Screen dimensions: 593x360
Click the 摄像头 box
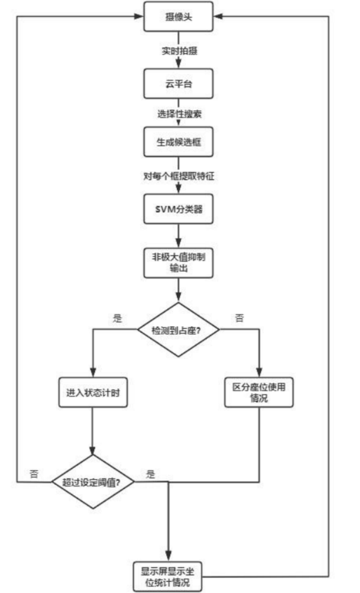tap(178, 16)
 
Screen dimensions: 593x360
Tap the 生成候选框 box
tap(178, 142)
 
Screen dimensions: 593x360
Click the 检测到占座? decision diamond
tap(178, 330)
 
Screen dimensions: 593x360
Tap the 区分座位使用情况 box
tap(259, 392)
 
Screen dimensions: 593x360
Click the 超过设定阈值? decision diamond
tap(93, 481)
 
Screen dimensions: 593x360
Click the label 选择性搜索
tap(178, 113)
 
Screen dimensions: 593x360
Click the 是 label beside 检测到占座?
tap(117, 318)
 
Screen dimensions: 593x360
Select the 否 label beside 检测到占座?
tap(239, 318)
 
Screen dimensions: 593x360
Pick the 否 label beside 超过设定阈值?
tap(34, 473)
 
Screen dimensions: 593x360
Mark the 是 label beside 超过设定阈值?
tap(150, 474)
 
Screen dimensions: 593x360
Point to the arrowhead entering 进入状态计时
tap(93, 374)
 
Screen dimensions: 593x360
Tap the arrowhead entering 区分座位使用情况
tap(259, 373)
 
